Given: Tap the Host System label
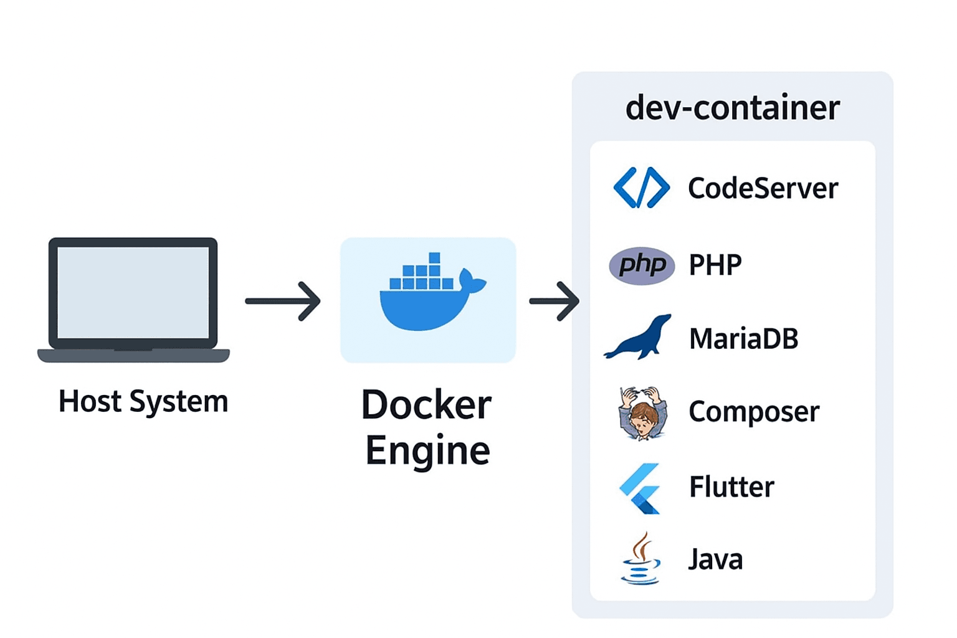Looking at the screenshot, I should pyautogui.click(x=143, y=401).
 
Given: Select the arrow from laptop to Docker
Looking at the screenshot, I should pyautogui.click(x=283, y=301).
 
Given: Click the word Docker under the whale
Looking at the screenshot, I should pyautogui.click(x=427, y=406).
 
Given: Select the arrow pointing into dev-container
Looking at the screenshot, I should pyautogui.click(x=554, y=301).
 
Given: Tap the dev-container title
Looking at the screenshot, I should pyautogui.click(x=732, y=108).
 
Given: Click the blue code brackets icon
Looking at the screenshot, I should pyautogui.click(x=641, y=188).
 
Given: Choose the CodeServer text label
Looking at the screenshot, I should pyautogui.click(x=763, y=188).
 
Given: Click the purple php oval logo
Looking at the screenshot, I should pyautogui.click(x=642, y=266).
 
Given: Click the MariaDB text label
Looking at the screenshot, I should pyautogui.click(x=743, y=339).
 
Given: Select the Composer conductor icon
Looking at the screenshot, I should pyautogui.click(x=642, y=413).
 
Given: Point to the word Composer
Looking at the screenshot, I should pyautogui.click(x=754, y=412).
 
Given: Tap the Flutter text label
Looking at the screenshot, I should pyautogui.click(x=731, y=487).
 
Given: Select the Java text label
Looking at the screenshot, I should pyautogui.click(x=715, y=559).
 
